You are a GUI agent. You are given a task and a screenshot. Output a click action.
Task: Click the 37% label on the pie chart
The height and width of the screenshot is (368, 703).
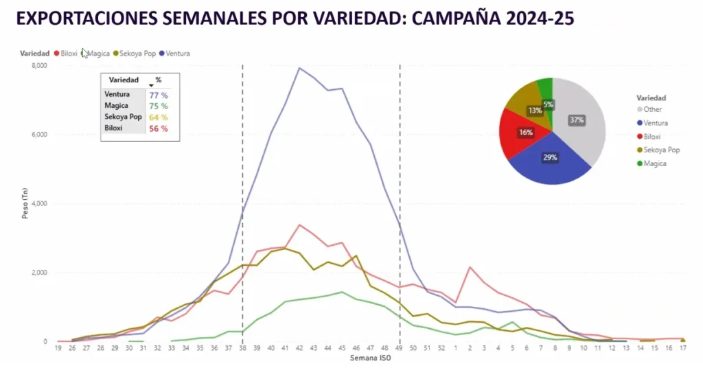click(577, 120)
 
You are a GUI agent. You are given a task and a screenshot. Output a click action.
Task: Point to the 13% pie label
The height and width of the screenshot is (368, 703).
click(534, 110)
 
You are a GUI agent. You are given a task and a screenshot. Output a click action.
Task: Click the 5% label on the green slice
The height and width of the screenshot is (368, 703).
click(549, 105)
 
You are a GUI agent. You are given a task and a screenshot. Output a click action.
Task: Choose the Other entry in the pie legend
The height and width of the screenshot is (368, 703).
click(653, 109)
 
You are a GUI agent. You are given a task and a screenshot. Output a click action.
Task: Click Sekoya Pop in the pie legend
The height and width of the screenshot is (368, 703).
click(662, 150)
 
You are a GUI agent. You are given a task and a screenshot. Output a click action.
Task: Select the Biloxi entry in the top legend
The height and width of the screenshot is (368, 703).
click(69, 53)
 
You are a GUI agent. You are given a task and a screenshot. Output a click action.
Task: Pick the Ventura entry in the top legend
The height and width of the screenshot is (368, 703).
click(178, 53)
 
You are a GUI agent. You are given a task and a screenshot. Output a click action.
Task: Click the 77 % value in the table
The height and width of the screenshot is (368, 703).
click(159, 95)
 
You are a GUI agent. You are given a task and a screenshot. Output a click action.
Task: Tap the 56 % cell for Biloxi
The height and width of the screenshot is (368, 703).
click(159, 128)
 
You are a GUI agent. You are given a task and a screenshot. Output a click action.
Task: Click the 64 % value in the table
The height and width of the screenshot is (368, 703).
click(159, 117)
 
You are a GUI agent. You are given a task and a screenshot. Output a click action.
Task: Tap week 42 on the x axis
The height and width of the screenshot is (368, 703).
click(299, 349)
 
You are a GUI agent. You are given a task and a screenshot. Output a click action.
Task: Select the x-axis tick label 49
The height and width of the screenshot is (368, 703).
click(399, 349)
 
